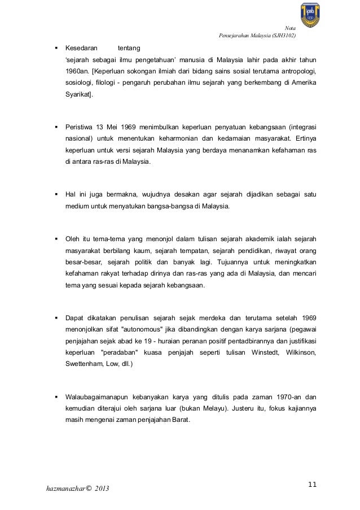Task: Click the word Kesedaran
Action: [81, 49]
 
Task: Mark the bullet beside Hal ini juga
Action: [56, 195]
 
